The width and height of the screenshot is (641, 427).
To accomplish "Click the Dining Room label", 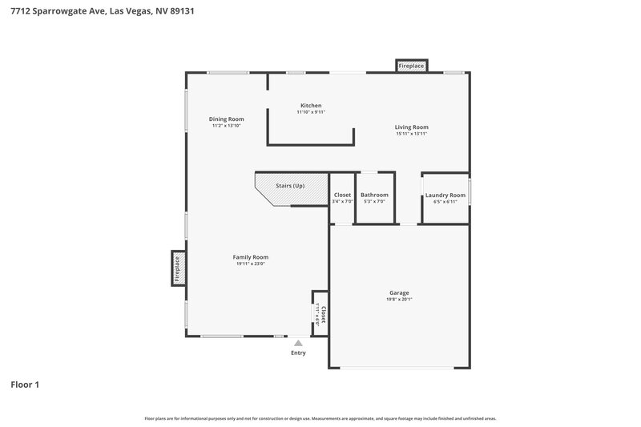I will click(x=226, y=119).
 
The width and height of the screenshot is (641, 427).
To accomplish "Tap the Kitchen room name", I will click(x=311, y=106).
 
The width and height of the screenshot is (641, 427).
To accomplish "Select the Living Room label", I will click(x=412, y=127).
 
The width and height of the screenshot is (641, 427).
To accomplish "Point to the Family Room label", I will click(x=250, y=257).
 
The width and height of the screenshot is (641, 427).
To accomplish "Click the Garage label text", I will click(x=398, y=292).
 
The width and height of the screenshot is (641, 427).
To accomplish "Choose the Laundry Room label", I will click(x=445, y=195).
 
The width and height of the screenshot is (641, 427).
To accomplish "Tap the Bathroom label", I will click(x=374, y=195).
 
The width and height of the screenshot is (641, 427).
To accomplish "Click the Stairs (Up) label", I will click(x=290, y=186).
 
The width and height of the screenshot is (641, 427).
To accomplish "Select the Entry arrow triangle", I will click(x=298, y=343).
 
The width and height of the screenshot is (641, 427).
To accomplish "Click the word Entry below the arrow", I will click(x=298, y=352).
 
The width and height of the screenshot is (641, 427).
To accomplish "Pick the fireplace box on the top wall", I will click(x=411, y=65).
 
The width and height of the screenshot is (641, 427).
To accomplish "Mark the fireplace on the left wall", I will click(x=178, y=268).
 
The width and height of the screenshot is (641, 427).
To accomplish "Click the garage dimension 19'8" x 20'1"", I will click(x=398, y=300).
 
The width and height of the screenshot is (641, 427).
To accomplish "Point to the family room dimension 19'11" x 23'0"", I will click(x=250, y=264).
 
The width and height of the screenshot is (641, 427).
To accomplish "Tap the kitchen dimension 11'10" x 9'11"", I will click(x=311, y=112).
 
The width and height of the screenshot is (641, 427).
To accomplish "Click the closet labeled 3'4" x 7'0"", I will click(x=342, y=197).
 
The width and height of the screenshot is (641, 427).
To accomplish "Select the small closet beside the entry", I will click(x=320, y=312).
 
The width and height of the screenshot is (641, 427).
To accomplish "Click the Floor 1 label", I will click(x=25, y=385).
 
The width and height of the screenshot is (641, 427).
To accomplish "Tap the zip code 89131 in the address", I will click(x=180, y=11).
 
